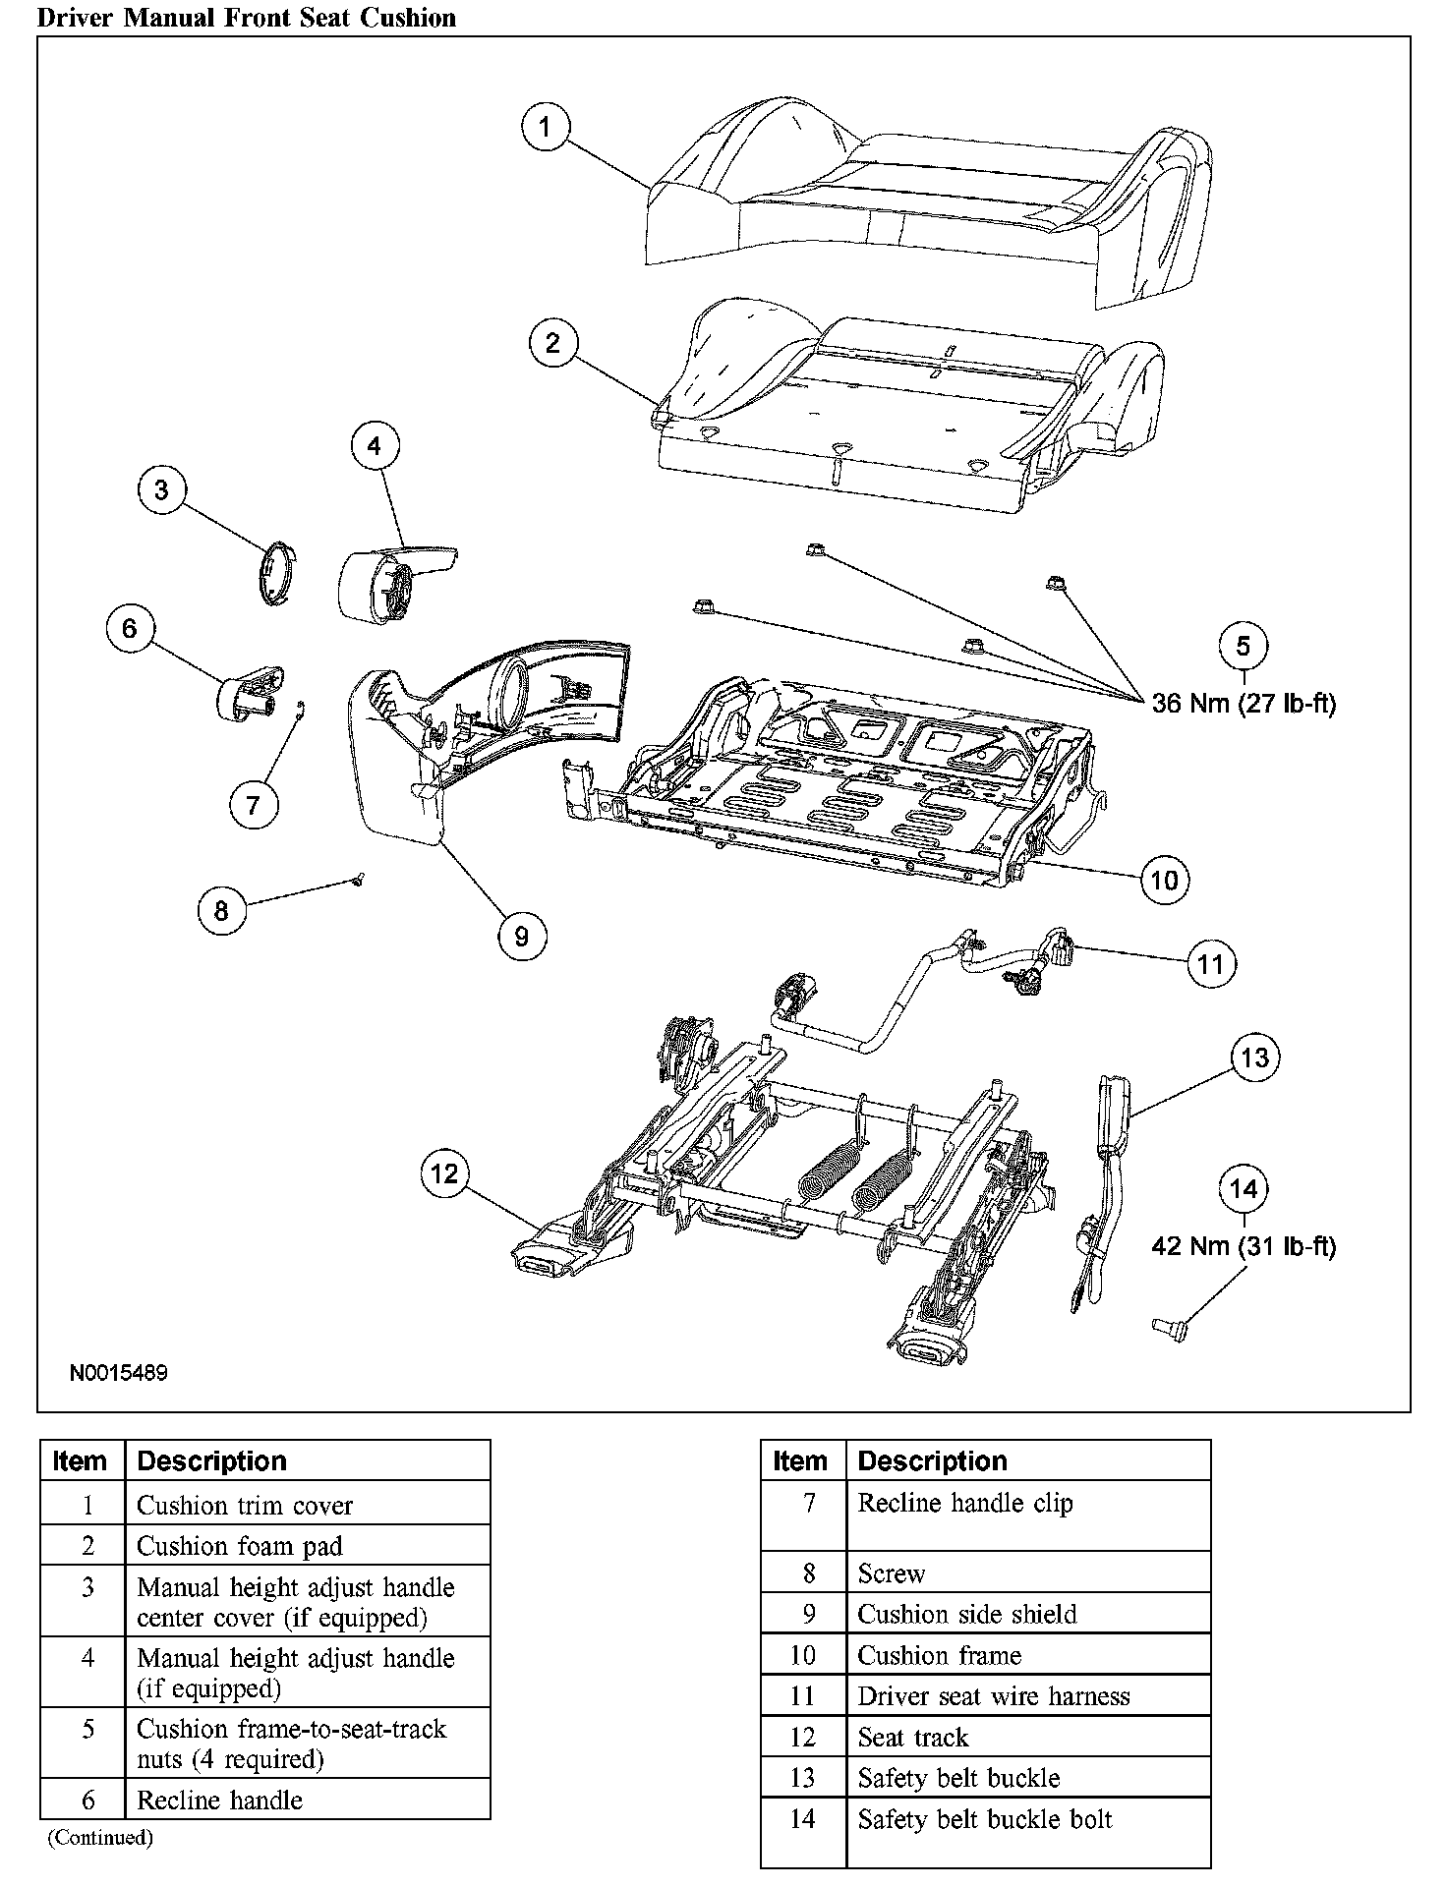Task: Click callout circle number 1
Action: pyautogui.click(x=546, y=127)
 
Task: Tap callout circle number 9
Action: pyautogui.click(x=521, y=936)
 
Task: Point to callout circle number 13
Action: pyautogui.click(x=1255, y=1058)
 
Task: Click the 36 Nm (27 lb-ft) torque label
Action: pyautogui.click(x=1244, y=704)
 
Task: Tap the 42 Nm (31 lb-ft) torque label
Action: pyautogui.click(x=1244, y=1246)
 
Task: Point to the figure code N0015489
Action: pyautogui.click(x=118, y=1372)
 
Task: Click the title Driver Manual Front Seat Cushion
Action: pyautogui.click(x=247, y=17)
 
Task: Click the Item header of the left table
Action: pyautogui.click(x=82, y=1461)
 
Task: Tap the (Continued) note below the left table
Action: pyautogui.click(x=100, y=1837)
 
